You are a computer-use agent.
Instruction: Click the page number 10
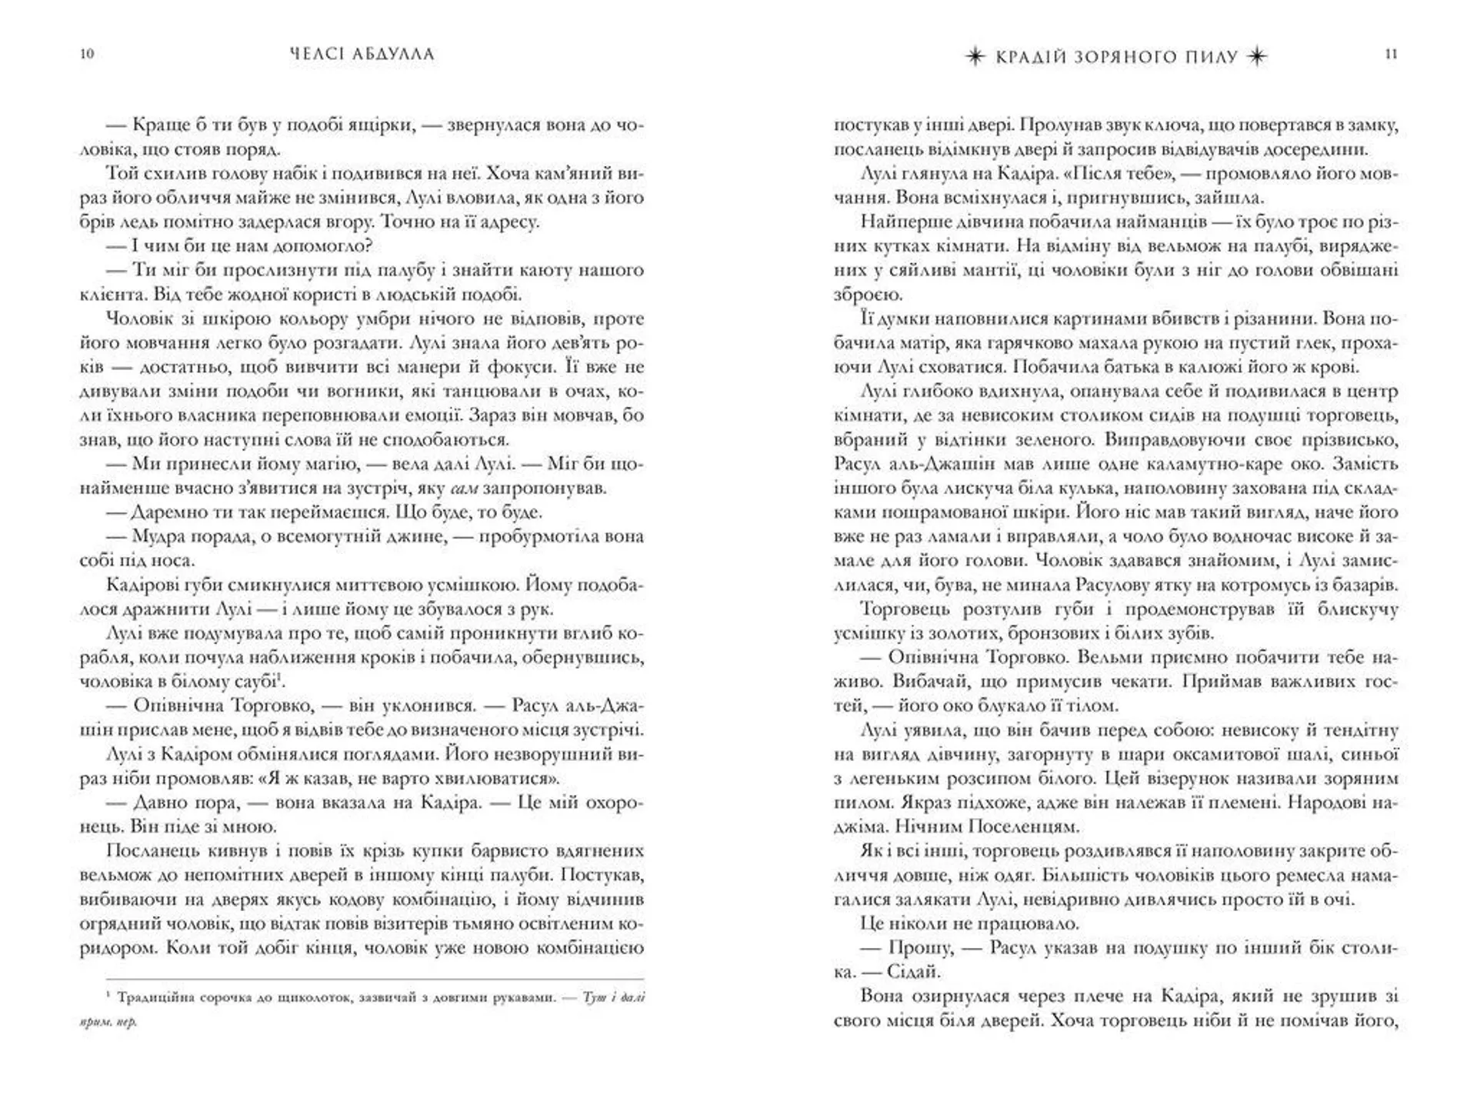coord(87,54)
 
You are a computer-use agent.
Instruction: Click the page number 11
coord(1390,54)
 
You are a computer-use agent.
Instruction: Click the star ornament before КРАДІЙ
coord(975,57)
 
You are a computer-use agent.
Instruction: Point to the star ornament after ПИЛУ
coord(1257,57)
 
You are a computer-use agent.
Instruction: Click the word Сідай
coord(913,972)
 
